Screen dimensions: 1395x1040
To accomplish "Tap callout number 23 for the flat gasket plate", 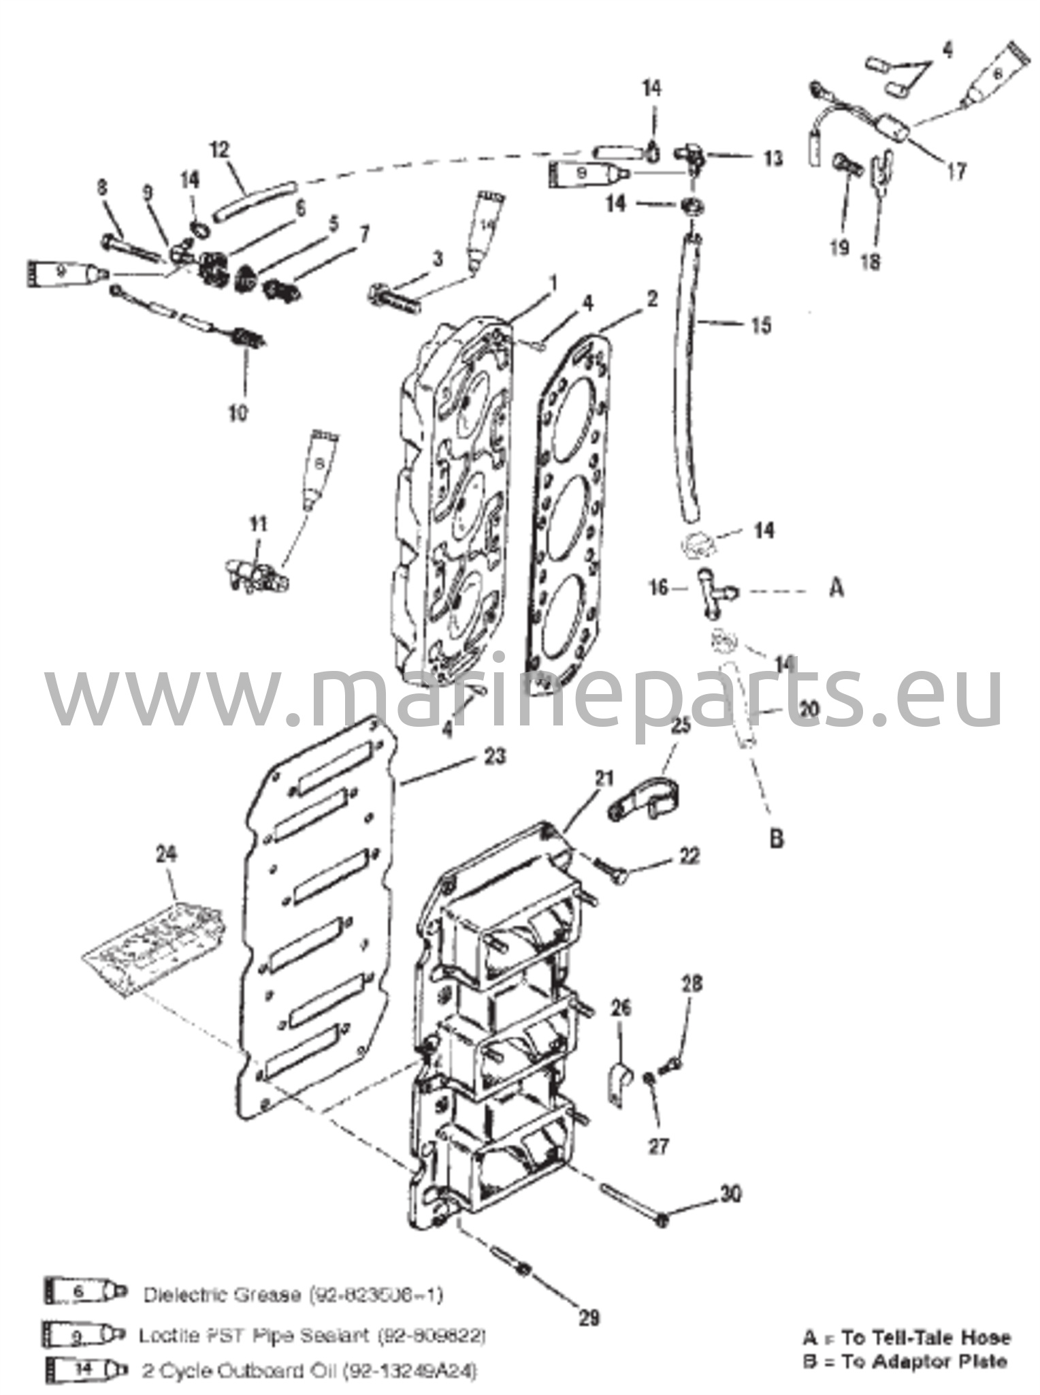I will [495, 756].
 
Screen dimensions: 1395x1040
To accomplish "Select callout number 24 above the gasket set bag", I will [166, 853].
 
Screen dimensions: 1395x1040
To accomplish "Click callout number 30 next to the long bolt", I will [730, 1194].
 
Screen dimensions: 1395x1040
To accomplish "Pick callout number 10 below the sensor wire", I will [238, 412].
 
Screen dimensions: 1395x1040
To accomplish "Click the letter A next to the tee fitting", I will [837, 587].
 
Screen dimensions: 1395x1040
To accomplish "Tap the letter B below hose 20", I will [777, 838].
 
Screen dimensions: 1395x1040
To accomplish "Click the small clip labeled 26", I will [618, 1084].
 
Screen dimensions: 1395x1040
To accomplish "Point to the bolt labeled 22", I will [613, 873].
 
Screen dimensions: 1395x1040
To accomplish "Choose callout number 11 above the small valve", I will [257, 524].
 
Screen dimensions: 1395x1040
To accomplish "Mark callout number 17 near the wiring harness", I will [956, 171].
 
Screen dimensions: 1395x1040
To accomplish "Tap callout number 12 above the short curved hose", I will [221, 151].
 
